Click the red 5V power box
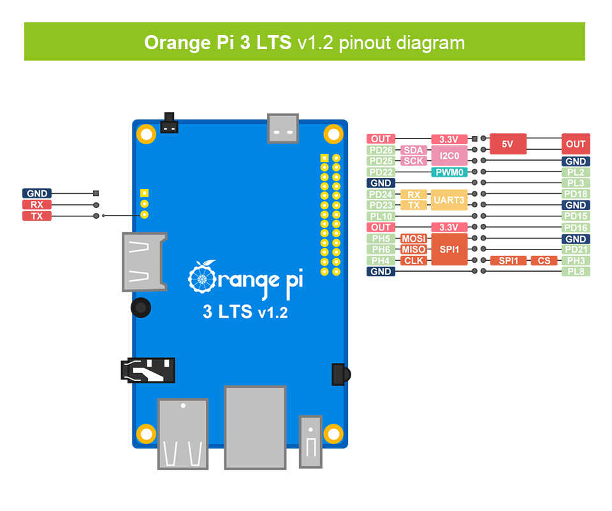click(x=507, y=144)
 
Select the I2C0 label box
click(x=449, y=156)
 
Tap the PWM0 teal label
click(x=449, y=172)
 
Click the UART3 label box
click(x=449, y=200)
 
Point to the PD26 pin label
click(x=381, y=151)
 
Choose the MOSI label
click(x=413, y=239)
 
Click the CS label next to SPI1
click(x=544, y=261)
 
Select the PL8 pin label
click(x=576, y=272)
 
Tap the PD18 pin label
click(x=576, y=194)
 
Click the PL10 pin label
click(x=381, y=216)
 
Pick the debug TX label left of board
click(x=37, y=216)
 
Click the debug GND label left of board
click(x=37, y=193)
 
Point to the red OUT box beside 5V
click(x=576, y=144)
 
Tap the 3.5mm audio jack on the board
click(x=148, y=370)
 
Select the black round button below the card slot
click(x=141, y=308)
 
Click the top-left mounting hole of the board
click(x=147, y=134)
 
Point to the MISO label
click(x=413, y=249)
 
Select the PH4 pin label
click(x=381, y=261)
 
